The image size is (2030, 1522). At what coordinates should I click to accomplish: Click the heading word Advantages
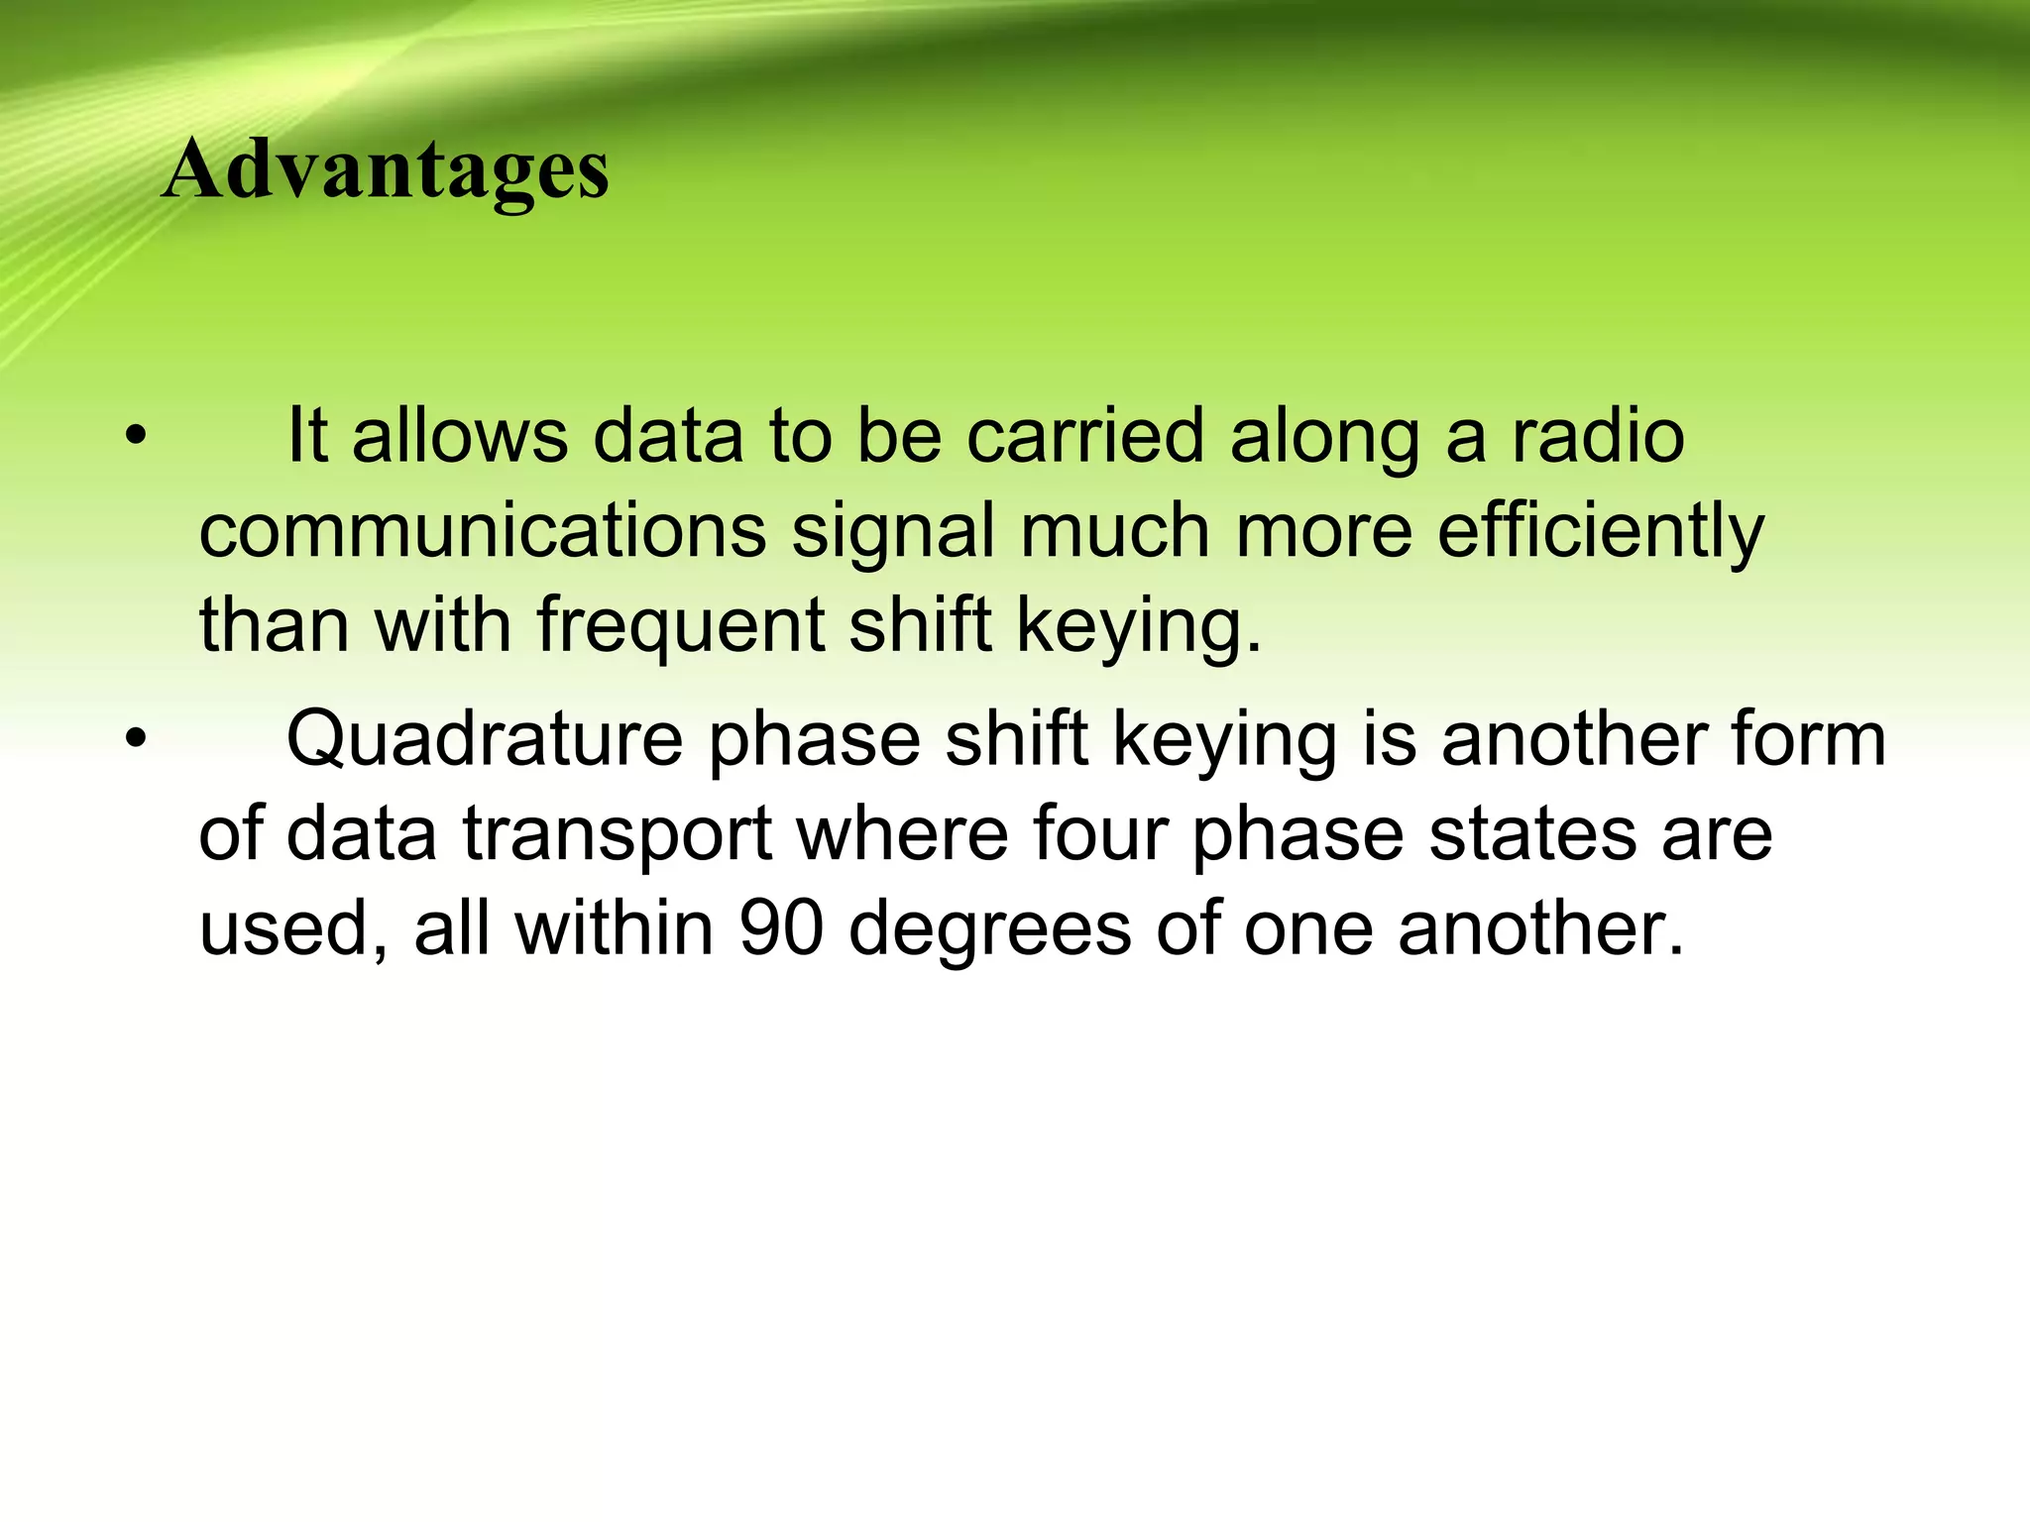click(x=385, y=170)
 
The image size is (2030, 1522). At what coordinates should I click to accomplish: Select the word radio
click(x=1598, y=436)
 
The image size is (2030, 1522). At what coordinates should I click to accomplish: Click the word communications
click(x=483, y=531)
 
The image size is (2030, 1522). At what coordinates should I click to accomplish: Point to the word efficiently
click(x=1600, y=533)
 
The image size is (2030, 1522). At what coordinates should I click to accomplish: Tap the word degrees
click(x=989, y=931)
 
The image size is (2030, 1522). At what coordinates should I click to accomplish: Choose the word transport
click(x=617, y=834)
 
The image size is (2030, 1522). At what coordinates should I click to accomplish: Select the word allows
click(x=459, y=436)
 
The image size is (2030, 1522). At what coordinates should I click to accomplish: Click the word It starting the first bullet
click(x=306, y=436)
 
